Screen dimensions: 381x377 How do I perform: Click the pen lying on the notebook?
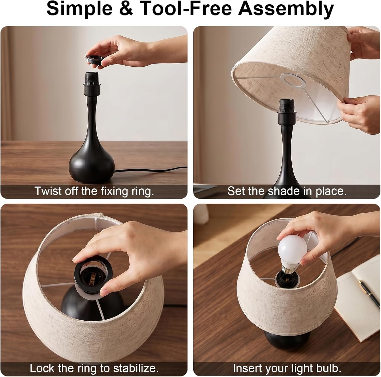(x=366, y=291)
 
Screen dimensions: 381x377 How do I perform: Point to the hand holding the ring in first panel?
(x=127, y=51)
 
